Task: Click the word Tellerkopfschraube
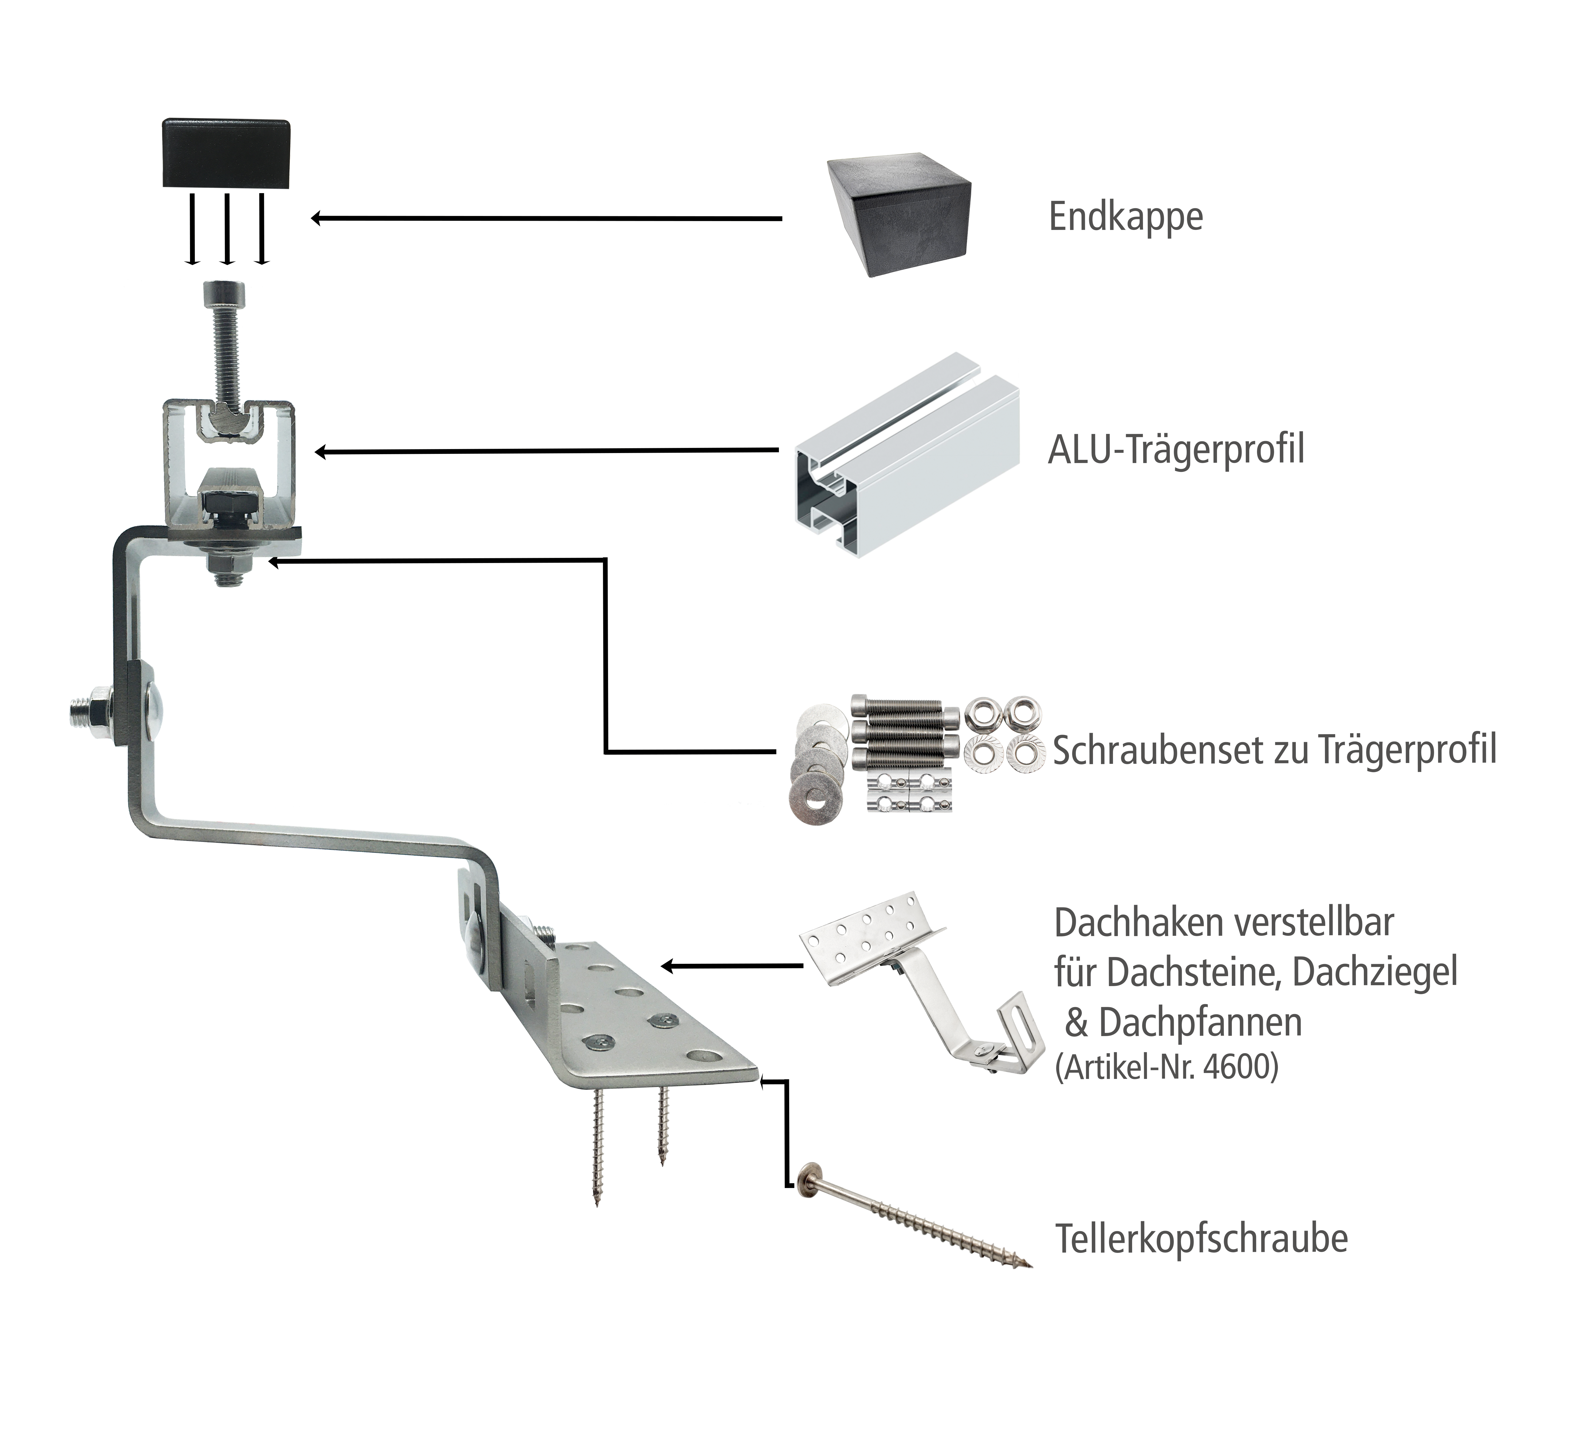point(1201,1238)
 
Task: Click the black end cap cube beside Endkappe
point(898,214)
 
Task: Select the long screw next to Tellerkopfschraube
point(914,1214)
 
